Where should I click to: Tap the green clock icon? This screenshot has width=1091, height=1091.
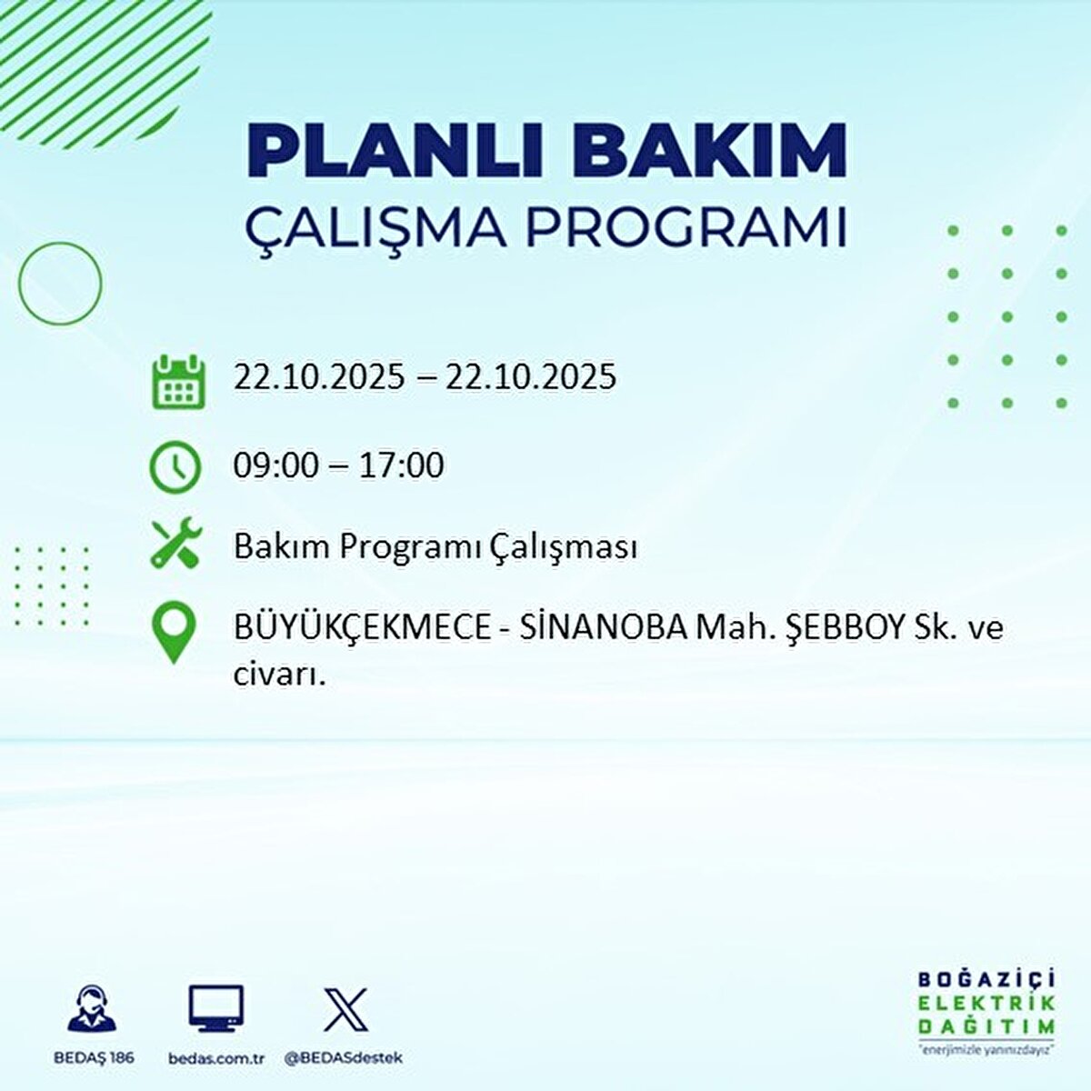point(175,467)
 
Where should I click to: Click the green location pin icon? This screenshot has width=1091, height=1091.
point(173,634)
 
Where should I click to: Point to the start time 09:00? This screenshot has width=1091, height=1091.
point(276,465)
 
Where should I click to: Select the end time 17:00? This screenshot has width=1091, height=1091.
point(401,465)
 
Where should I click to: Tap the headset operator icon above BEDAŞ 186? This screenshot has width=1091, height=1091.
point(92,1009)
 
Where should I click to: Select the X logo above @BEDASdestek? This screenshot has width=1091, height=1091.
point(345,1009)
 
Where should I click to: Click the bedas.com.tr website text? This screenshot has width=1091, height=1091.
point(216,1058)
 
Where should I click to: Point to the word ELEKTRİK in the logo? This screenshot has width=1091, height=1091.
point(986,1003)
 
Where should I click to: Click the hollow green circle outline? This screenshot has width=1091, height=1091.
point(60,284)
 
